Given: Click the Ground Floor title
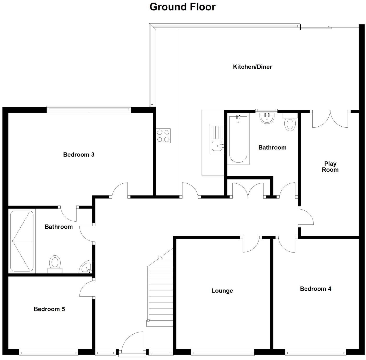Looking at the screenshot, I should click(182, 7).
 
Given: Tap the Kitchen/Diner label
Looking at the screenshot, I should click(252, 67).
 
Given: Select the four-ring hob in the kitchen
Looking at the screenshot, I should click(164, 136).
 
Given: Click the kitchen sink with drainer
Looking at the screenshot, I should click(217, 138).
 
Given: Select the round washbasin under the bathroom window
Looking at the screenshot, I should click(267, 118).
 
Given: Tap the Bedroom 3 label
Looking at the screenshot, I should click(79, 155).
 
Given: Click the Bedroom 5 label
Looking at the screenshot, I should click(49, 309).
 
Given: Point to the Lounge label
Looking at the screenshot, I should click(222, 291).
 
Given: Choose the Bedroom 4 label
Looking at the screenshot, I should click(316, 289).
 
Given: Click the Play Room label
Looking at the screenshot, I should click(330, 167).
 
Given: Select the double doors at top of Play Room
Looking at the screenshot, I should click(330, 119).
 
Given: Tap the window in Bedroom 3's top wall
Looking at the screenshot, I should click(89, 110).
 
